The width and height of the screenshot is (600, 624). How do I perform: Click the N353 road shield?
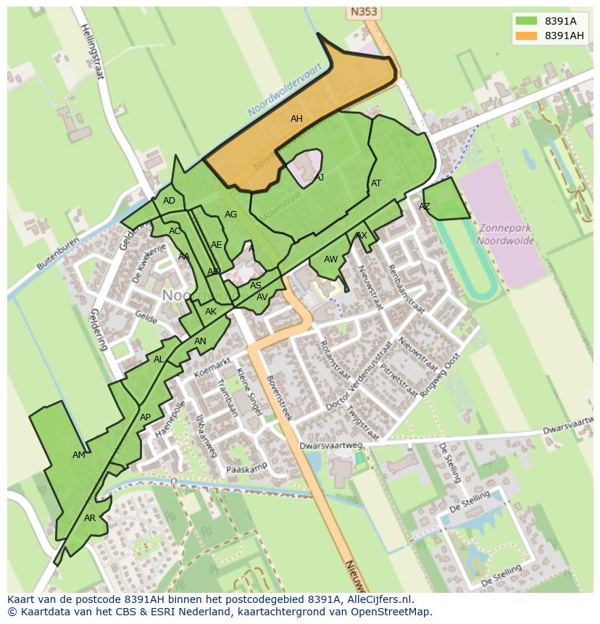(x=364, y=12)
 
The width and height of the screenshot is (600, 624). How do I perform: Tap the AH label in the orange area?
(x=296, y=119)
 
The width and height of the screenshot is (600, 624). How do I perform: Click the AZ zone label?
(x=425, y=207)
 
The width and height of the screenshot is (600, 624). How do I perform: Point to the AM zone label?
(x=79, y=455)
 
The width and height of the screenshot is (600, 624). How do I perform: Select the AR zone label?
(x=90, y=518)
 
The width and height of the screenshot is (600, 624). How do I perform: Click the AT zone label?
(x=376, y=183)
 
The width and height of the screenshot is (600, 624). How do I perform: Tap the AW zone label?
(x=330, y=259)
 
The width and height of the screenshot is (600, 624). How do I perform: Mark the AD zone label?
(x=169, y=201)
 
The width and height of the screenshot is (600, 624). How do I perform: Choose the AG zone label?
(x=230, y=215)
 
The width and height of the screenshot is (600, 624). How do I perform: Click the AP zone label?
(x=145, y=417)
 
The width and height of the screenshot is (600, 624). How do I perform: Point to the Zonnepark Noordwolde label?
(x=505, y=234)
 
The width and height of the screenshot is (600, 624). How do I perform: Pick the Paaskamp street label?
(x=247, y=468)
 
